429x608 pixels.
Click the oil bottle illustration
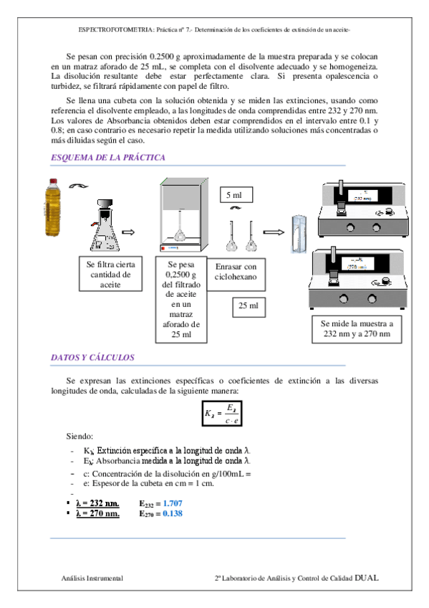tap(53, 207)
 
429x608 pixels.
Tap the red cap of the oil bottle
tap(53, 181)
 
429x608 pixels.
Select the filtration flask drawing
tap(105, 225)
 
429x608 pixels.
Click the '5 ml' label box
tap(236, 194)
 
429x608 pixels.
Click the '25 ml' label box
tap(249, 307)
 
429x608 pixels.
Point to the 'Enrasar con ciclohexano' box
tap(236, 275)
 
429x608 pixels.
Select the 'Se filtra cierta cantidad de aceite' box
tap(111, 274)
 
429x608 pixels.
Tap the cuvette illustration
tap(299, 234)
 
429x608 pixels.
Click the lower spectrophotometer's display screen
tap(357, 264)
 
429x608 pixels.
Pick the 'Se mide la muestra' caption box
tap(357, 329)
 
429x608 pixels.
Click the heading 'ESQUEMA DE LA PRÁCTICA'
tap(108, 158)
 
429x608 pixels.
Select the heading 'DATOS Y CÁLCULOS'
tap(92, 358)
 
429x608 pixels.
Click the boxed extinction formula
tap(222, 414)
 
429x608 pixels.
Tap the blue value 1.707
tap(173, 503)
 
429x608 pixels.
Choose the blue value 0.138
tap(173, 513)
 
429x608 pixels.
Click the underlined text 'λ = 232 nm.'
tap(97, 503)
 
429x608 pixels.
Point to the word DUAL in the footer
tap(366, 578)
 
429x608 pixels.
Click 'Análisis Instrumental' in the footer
tap(92, 578)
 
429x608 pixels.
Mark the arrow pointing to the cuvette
tap(274, 232)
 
